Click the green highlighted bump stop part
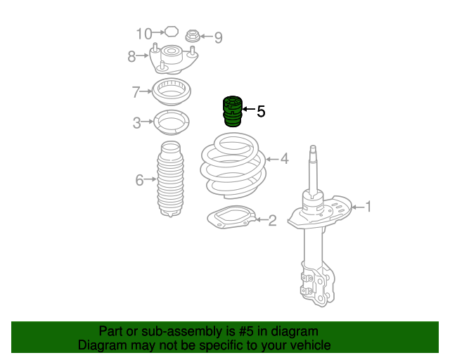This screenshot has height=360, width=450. point(233,111)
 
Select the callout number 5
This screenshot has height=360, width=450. point(261,111)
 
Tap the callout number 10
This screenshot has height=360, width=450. point(143,34)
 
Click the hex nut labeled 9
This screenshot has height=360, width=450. point(191,36)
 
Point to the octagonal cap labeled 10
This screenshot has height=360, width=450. point(172,32)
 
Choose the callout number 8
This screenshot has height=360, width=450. point(131,56)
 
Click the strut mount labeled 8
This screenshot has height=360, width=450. point(174,59)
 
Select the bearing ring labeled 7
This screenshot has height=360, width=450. point(172,91)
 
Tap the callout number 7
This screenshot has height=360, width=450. point(136,92)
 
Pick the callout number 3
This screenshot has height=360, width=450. point(137,122)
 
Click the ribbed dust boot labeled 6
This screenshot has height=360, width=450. point(170,179)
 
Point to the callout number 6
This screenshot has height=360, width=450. point(139,180)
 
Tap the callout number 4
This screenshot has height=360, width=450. point(284,158)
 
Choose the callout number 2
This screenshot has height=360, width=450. point(272,221)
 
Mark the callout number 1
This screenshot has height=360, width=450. point(368,207)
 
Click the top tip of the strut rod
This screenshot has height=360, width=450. point(313,146)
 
